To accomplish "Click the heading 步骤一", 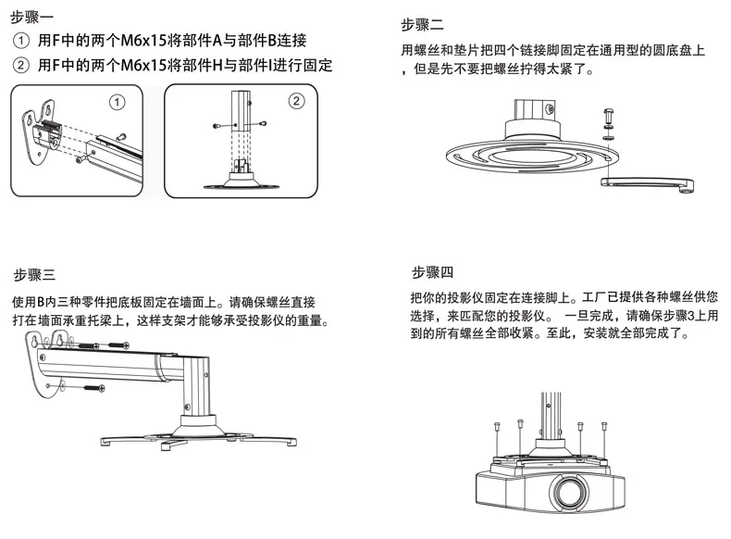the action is pos(31,18).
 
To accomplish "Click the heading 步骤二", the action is pos(422,25).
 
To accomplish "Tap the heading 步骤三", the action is pos(34,275).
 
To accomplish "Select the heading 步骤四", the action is pos(433,272).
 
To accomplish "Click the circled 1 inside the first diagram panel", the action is pos(117,102).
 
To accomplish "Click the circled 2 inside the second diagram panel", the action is pos(296,101).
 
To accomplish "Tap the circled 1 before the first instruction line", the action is pos(21,41).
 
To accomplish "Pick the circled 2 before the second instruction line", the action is pos(21,65).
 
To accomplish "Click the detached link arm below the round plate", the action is pos(647,185).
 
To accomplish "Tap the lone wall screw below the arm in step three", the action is pos(94,387).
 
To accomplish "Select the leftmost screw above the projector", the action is pos(496,426).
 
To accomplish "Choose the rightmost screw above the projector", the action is pos(604,426).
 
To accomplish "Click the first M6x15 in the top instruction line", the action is pos(143,41).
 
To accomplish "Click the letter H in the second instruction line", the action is pos(217,65).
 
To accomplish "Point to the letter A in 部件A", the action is pos(217,41).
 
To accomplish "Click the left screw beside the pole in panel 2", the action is pos(217,126).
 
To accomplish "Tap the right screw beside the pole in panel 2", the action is pos(263,124).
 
